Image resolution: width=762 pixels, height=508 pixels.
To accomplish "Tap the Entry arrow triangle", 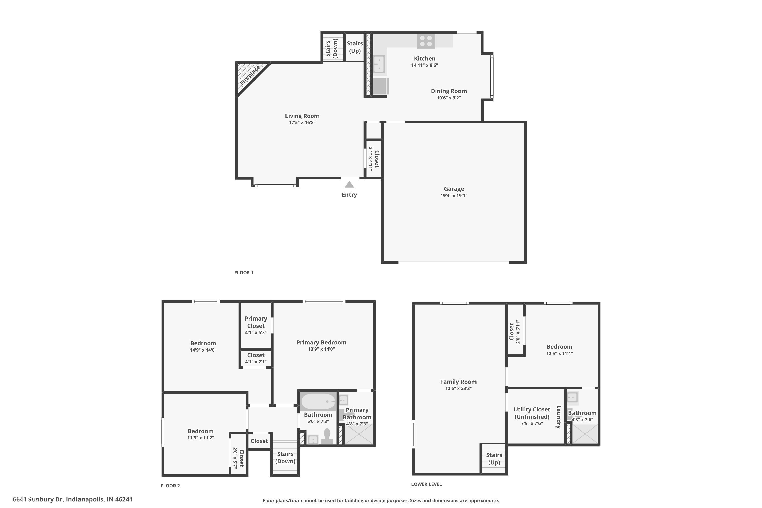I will pos(349,185).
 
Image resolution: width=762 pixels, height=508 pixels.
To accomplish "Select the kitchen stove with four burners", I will pos(426,41).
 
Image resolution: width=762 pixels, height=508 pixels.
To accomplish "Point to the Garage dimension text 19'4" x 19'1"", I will pos(454,195).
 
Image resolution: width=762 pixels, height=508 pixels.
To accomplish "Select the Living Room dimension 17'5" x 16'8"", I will pos(302,122).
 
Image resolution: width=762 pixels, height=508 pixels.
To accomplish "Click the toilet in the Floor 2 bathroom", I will pos(327,436).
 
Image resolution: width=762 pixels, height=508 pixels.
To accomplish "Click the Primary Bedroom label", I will pos(321,342).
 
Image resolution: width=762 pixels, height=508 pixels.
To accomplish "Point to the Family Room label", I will pos(458,382).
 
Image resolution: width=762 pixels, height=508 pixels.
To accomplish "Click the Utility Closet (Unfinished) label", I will pos(532,413).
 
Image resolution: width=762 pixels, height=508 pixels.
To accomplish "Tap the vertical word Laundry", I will pos(558,417).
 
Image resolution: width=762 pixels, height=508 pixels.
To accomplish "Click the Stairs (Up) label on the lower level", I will pos(494,458).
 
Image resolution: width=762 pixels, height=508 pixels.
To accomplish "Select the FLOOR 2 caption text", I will pos(170,486).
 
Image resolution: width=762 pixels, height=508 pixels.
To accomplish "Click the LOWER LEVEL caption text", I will pos(426,484).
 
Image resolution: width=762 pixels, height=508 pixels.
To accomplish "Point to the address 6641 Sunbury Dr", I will pos(73,499).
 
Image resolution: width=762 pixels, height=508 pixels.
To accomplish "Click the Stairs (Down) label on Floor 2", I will pos(285,457).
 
